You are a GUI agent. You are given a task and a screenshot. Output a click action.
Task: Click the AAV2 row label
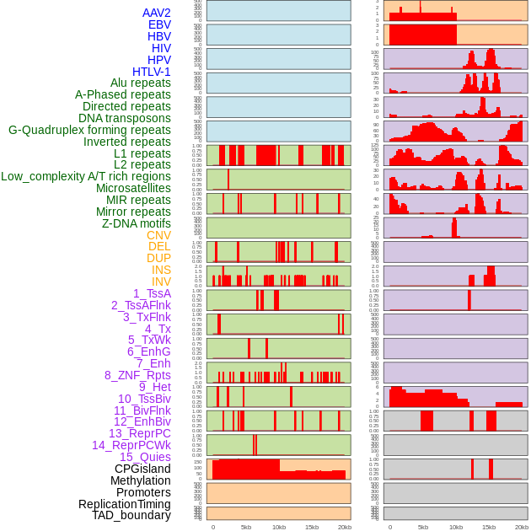(x=156, y=13)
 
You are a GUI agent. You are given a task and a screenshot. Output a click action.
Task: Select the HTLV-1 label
(x=151, y=72)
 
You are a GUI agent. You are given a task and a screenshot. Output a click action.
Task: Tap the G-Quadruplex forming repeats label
(x=89, y=130)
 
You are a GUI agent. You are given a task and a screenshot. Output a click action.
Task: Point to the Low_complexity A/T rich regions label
(x=86, y=176)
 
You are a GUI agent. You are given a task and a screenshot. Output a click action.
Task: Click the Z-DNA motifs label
(x=136, y=223)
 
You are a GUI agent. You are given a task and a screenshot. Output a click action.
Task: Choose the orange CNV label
(x=158, y=235)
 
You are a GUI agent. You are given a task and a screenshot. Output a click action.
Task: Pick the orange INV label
(x=161, y=282)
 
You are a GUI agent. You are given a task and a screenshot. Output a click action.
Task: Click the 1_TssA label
(x=152, y=293)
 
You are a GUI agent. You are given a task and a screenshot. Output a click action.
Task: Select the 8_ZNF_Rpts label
(x=137, y=375)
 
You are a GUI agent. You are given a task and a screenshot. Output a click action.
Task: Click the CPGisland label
(x=142, y=469)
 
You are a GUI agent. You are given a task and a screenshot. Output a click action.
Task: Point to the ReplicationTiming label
(x=124, y=504)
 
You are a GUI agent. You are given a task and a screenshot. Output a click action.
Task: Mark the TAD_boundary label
(x=131, y=515)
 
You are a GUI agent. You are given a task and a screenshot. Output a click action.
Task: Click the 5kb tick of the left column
(x=246, y=527)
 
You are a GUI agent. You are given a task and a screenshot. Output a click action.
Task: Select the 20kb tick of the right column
(x=522, y=527)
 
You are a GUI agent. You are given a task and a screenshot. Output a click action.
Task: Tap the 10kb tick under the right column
(x=456, y=527)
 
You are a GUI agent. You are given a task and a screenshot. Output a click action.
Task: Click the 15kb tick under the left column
(x=312, y=527)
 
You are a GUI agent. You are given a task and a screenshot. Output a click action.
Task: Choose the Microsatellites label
(x=133, y=188)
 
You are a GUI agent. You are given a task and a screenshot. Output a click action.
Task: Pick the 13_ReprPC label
(x=139, y=433)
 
